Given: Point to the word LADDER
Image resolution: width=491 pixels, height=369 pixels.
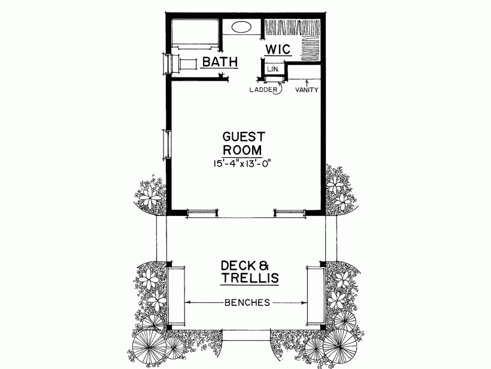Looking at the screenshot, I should (x=263, y=90).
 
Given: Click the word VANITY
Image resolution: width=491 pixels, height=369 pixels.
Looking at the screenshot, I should (x=307, y=90).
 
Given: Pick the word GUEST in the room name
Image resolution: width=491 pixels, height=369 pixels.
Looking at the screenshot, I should (x=243, y=136).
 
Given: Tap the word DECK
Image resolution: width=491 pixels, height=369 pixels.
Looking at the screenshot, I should (x=238, y=265).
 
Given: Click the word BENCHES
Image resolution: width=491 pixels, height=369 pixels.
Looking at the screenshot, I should (x=247, y=303).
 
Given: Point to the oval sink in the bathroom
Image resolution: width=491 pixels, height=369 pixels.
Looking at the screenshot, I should (x=241, y=27).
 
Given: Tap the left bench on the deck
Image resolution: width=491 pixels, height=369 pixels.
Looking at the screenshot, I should (x=176, y=295).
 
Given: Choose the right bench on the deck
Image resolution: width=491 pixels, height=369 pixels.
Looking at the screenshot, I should (x=314, y=295).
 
